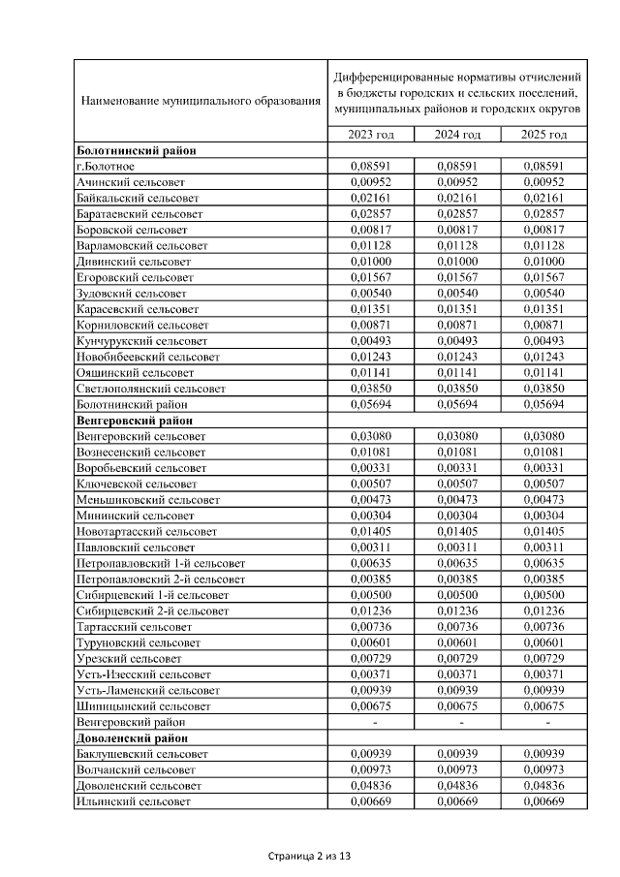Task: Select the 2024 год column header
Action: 458,135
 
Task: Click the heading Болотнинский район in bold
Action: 136,150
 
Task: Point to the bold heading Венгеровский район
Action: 135,421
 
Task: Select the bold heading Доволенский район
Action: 133,737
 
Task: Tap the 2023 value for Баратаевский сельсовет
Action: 372,213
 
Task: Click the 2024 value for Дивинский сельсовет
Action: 458,262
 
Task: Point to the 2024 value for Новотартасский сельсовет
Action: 458,531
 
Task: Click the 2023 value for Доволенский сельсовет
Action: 372,785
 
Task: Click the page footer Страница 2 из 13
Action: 310,857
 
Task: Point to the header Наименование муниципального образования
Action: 201,100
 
